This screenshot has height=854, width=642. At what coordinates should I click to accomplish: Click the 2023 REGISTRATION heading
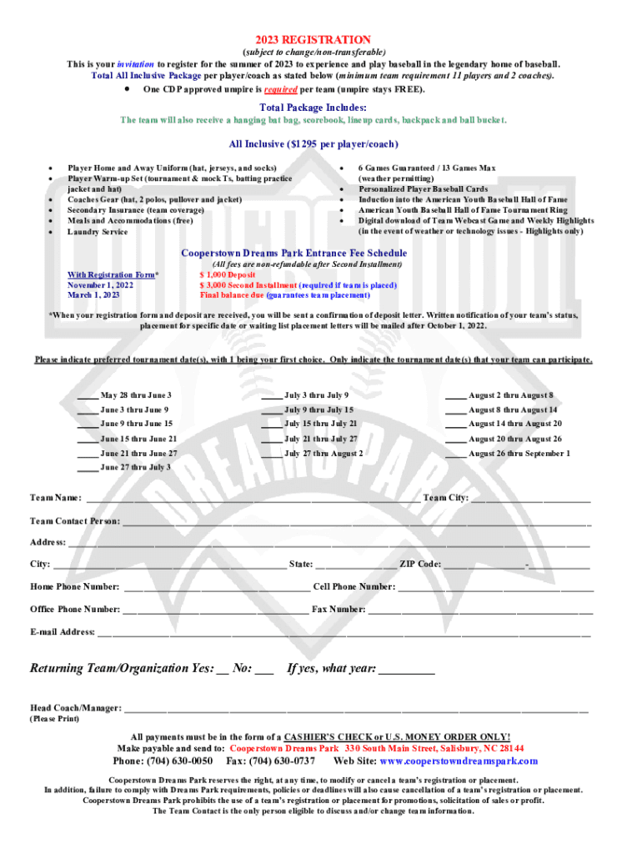(313, 39)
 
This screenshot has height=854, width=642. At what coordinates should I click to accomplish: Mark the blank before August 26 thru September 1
(455, 455)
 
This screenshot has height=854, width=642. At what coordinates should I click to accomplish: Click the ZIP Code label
(420, 565)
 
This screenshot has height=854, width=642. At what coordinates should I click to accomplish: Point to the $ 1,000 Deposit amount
(228, 274)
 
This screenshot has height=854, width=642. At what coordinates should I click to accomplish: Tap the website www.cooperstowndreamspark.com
(459, 761)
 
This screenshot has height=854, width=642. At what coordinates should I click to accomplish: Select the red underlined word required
(282, 88)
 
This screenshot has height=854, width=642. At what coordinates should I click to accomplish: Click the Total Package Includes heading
(313, 108)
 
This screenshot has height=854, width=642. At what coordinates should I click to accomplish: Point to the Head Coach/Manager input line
(355, 710)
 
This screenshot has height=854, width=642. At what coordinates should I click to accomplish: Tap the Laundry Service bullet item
(98, 232)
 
